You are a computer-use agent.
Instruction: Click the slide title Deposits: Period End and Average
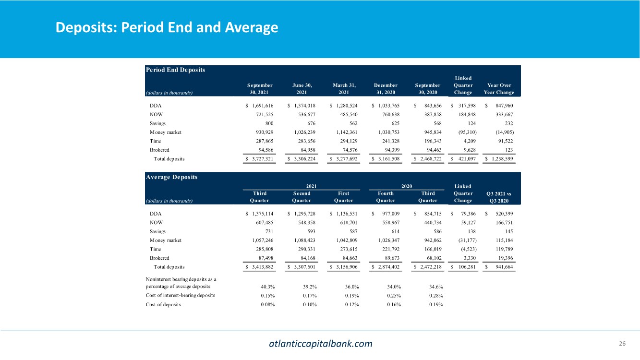(x=167, y=27)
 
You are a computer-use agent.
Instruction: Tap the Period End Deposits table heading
(x=175, y=70)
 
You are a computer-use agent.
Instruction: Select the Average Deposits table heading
(x=171, y=177)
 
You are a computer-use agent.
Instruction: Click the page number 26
(x=623, y=343)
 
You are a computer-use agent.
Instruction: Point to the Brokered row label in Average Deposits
(x=159, y=258)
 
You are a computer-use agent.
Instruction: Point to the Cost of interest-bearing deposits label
(x=181, y=295)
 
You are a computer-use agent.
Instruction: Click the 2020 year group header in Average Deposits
(x=407, y=186)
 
